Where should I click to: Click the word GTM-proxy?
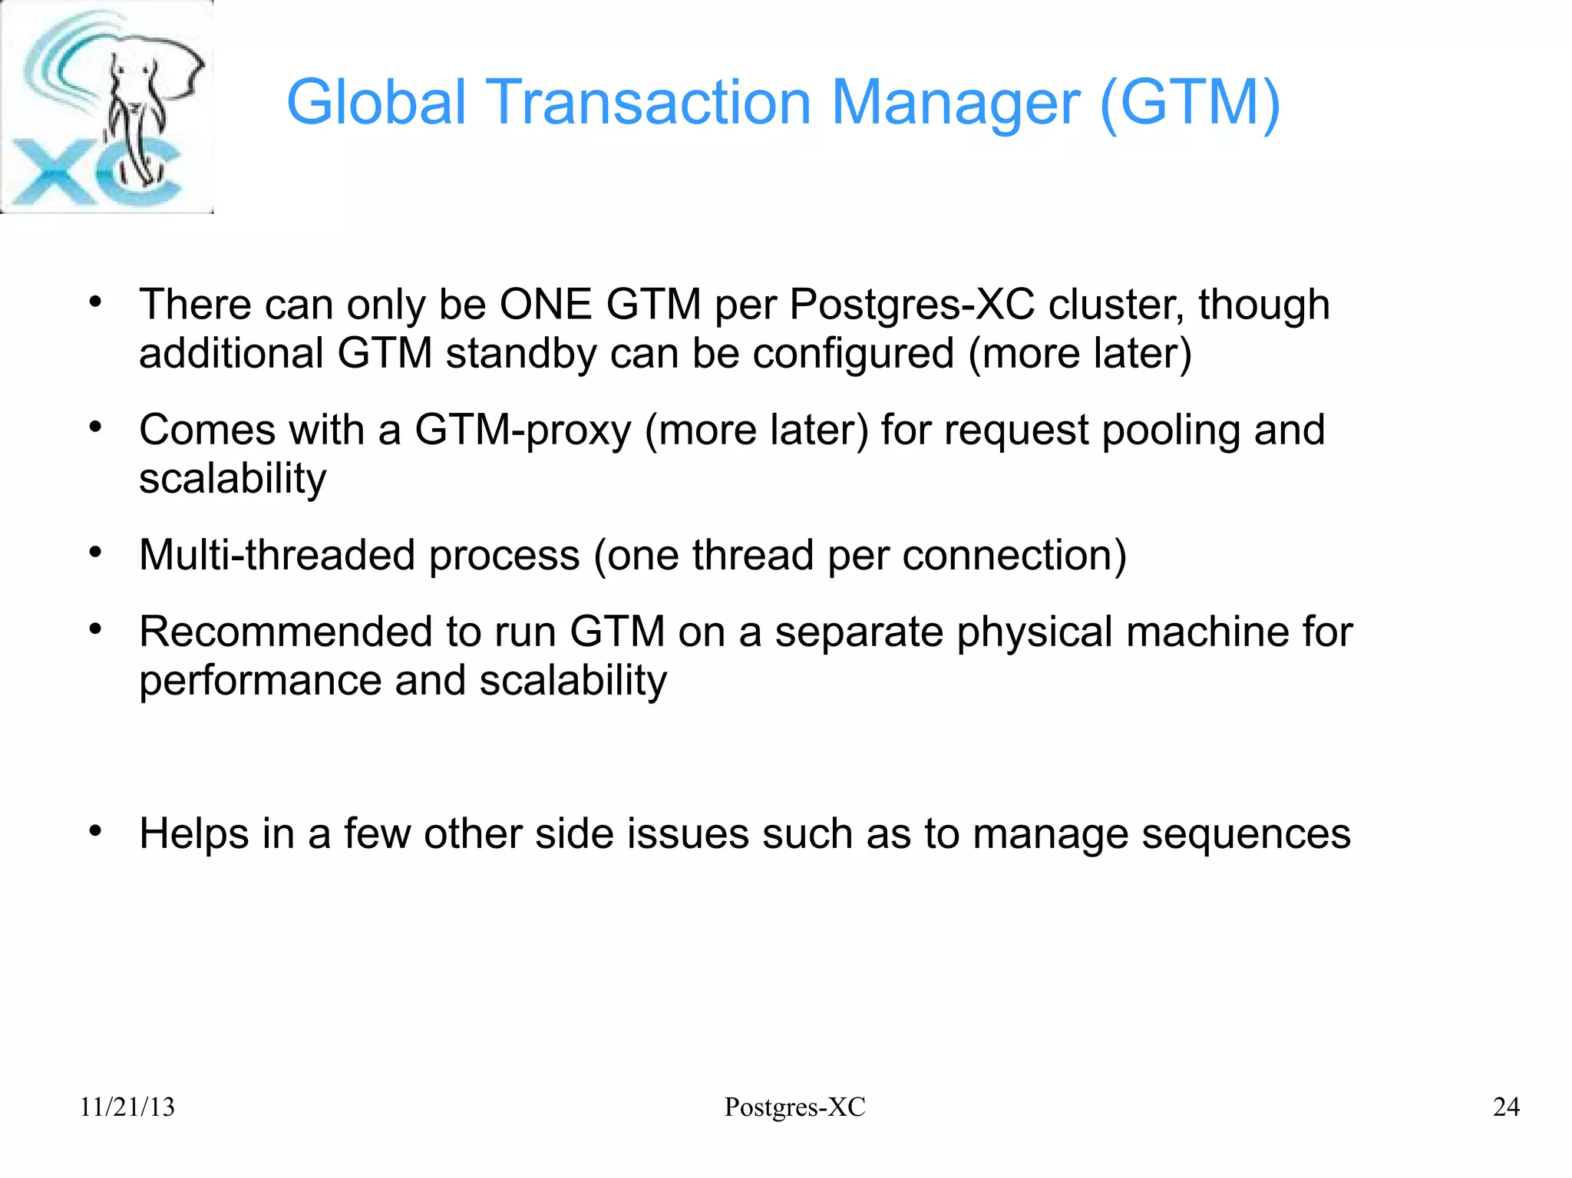(523, 430)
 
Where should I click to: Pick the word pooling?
(1171, 430)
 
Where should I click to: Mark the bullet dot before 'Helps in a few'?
(95, 831)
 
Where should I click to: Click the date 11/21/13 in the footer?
(127, 1107)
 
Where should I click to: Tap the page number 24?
(1506, 1107)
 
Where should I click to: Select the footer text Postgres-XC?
(794, 1107)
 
